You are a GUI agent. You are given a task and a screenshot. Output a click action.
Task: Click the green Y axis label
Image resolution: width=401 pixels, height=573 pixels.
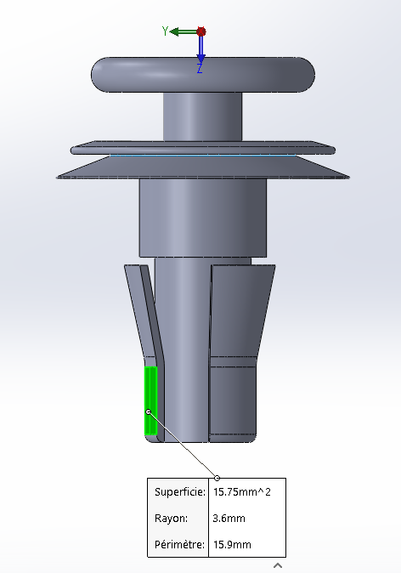coord(165,31)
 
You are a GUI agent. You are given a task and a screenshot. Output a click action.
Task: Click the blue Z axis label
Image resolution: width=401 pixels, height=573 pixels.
coord(200,68)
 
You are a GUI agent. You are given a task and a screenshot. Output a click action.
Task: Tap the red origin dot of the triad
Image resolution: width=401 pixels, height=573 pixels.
coord(200,31)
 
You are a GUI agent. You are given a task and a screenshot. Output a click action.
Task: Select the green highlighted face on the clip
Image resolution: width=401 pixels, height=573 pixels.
coord(151,400)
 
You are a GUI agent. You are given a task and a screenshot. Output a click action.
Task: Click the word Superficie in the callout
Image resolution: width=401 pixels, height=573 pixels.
coord(180,492)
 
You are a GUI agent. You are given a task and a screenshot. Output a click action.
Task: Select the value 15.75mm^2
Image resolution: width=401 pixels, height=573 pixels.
coord(242,492)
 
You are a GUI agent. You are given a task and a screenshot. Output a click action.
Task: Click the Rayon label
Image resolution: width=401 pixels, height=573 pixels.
coord(172,519)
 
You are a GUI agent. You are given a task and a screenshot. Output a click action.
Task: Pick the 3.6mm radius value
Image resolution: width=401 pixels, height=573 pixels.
coord(229,519)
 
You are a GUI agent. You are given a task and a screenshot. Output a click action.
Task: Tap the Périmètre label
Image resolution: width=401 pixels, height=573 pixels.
coord(179,544)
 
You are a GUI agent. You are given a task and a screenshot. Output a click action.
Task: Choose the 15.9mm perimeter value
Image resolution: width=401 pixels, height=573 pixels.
coord(232,544)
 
